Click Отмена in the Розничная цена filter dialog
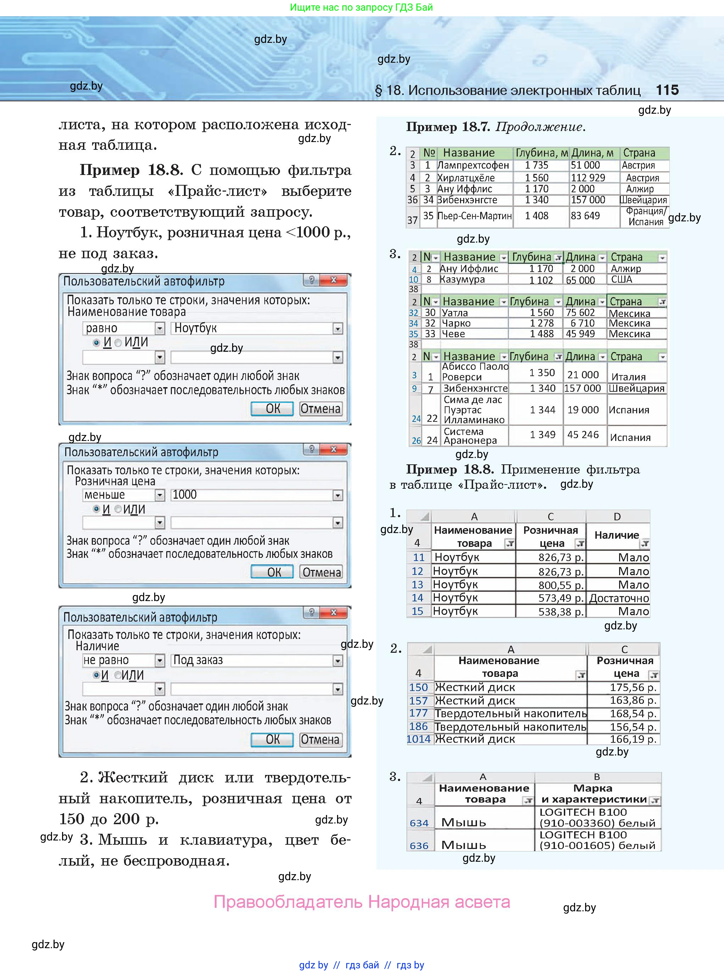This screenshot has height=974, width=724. point(321,572)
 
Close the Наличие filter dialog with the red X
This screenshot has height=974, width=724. point(333,612)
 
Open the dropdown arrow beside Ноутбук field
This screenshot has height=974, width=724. point(337,328)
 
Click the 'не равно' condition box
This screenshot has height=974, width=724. point(118,660)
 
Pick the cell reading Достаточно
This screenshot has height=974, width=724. point(618,598)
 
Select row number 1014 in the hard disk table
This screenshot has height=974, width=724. point(419,739)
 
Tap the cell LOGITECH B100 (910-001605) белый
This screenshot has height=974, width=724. point(597,840)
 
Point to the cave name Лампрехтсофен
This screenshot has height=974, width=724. point(473,165)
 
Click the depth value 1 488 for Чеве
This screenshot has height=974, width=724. point(542,334)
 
